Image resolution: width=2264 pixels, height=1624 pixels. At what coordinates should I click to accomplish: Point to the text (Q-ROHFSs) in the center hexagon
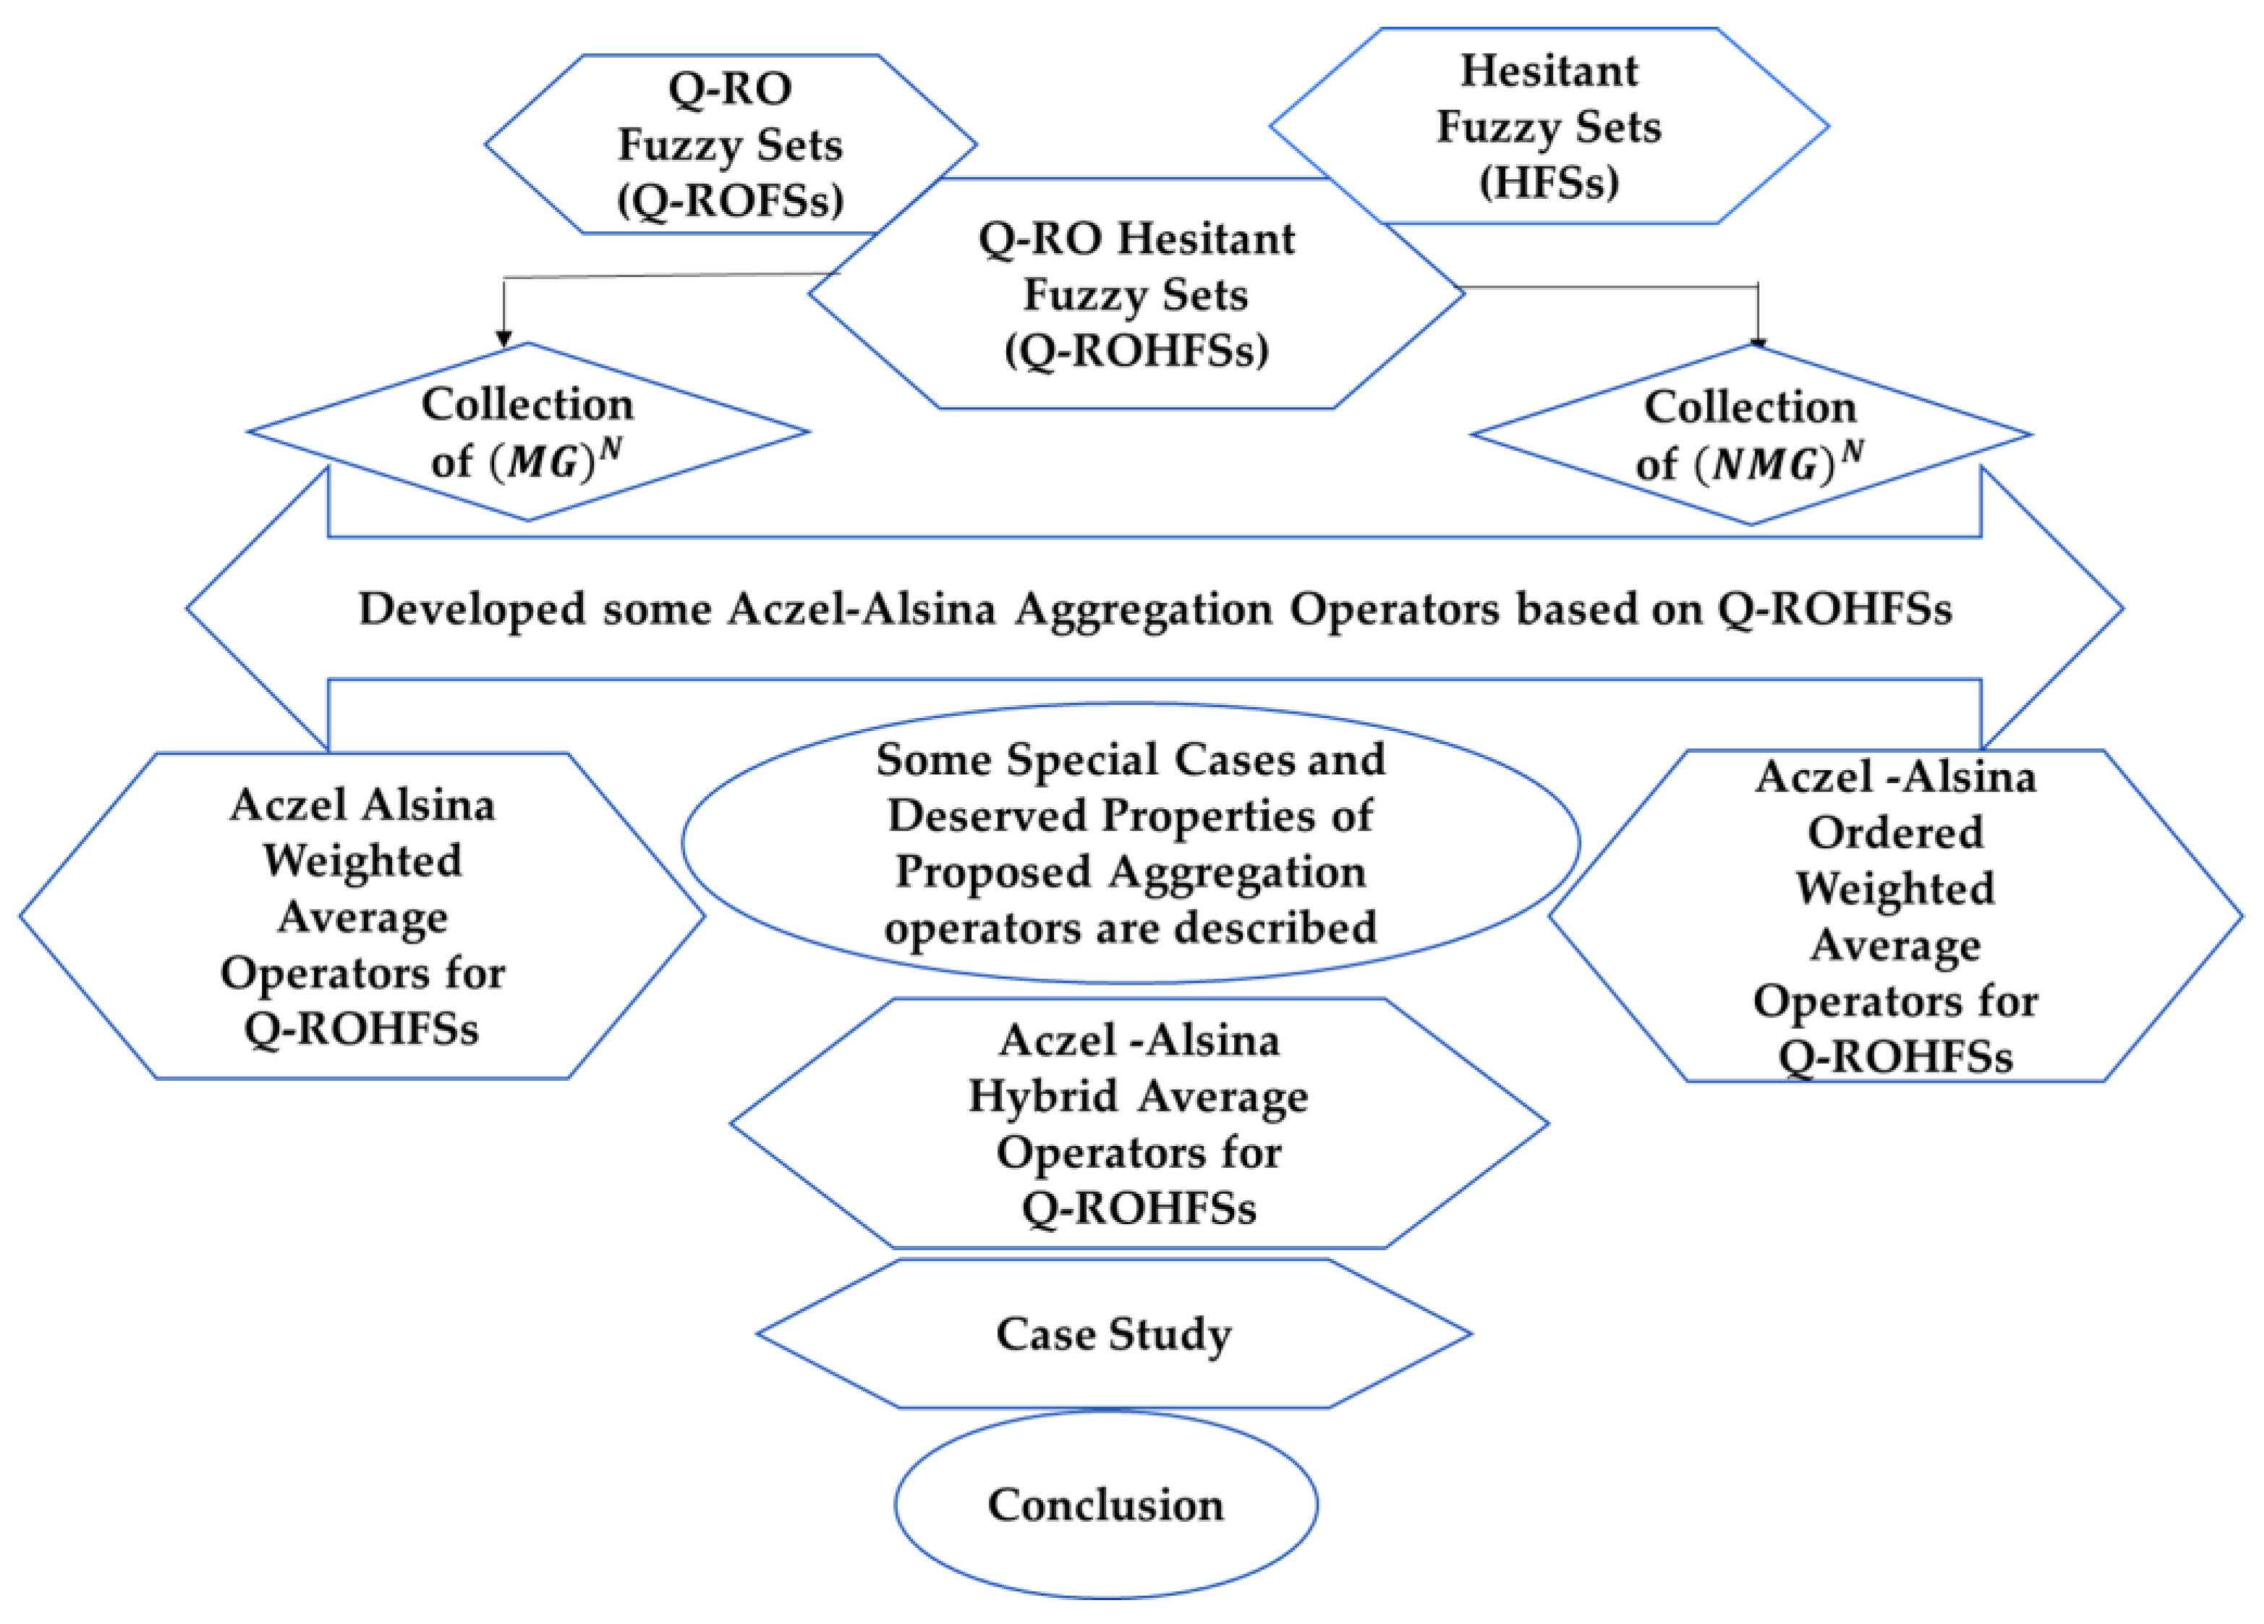1136,351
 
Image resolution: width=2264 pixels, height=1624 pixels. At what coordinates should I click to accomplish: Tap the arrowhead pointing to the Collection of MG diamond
504,338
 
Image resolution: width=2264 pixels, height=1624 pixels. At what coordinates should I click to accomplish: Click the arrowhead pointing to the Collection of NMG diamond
1758,341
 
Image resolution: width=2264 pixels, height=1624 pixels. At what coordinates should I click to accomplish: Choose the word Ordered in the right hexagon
1894,832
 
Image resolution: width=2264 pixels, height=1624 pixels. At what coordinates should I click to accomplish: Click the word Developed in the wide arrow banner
471,609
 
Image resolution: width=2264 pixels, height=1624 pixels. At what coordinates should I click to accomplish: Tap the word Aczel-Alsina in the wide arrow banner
861,609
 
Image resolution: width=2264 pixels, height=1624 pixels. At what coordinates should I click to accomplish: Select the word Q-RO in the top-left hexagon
730,89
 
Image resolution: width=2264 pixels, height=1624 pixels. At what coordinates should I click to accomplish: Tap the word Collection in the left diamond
527,404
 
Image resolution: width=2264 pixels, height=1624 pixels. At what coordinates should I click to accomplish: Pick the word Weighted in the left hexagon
362,860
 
